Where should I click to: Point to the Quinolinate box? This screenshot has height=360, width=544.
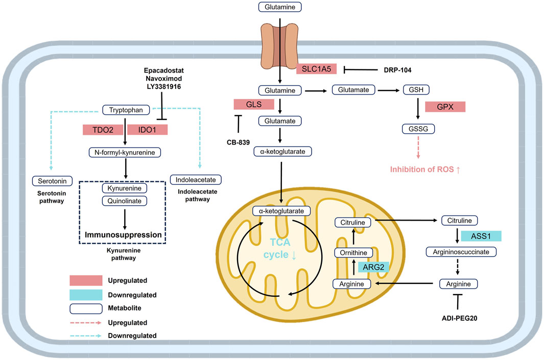pos(123,201)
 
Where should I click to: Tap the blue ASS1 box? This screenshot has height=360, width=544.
pos(480,235)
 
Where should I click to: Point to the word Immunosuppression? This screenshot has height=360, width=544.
pos(123,235)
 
